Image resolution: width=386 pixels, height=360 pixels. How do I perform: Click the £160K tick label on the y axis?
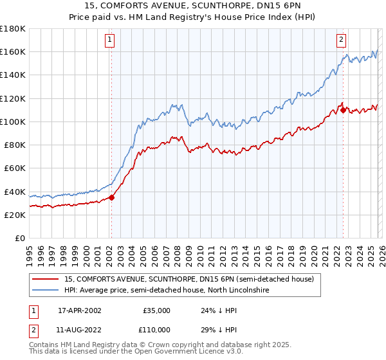click(x=13, y=51)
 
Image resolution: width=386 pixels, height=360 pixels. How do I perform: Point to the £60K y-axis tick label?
click(x=15, y=168)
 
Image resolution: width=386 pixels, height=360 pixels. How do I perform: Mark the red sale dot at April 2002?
click(x=111, y=197)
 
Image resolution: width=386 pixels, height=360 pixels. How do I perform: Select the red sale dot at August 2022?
click(x=343, y=110)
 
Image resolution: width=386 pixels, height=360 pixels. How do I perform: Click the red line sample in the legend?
click(x=46, y=280)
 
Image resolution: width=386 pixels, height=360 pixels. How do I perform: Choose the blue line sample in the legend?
click(x=46, y=291)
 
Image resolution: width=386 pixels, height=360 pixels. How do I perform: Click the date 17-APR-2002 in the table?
click(x=80, y=310)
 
